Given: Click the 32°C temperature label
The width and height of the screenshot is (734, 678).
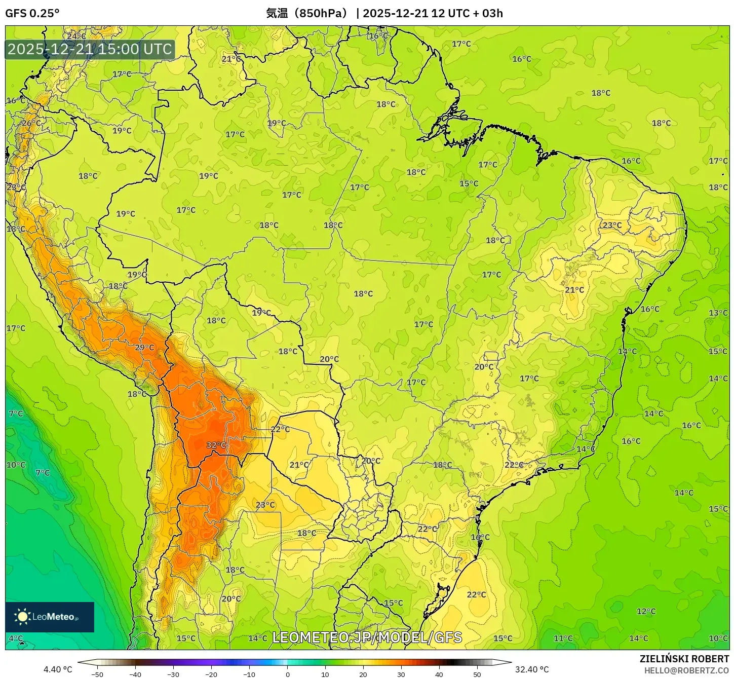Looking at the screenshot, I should (216, 445).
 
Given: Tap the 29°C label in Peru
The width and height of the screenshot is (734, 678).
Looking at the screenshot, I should (144, 347).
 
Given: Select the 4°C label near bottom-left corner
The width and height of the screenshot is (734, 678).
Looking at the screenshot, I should (16, 638).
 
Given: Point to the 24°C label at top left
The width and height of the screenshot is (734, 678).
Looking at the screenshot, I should (76, 36).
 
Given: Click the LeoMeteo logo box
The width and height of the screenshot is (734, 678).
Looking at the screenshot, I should (50, 617).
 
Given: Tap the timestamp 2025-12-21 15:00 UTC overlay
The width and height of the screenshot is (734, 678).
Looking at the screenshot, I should (90, 49).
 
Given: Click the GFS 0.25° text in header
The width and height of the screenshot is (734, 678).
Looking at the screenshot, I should (32, 13).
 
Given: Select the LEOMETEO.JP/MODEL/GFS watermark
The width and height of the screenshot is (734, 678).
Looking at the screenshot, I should (367, 637).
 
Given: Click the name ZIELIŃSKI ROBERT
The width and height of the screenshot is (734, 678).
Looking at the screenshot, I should (684, 659).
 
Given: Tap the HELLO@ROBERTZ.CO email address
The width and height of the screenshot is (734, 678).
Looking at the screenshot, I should (686, 670).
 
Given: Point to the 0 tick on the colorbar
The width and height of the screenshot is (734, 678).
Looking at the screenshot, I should (287, 674).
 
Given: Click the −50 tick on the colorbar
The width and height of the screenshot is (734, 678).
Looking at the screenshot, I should (97, 674).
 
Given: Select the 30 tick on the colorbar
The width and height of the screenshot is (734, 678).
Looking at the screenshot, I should (401, 674).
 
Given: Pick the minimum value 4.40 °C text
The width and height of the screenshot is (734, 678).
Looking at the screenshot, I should (58, 669).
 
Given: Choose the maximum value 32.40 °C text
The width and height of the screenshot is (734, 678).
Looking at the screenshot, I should (532, 669).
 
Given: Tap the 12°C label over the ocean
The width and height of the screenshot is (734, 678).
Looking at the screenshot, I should (646, 611).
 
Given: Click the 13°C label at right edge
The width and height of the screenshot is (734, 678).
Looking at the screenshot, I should (718, 313).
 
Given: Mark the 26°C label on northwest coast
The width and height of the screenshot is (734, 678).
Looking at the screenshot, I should (31, 123).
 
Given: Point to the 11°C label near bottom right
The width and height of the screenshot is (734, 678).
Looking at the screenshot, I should (563, 638).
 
